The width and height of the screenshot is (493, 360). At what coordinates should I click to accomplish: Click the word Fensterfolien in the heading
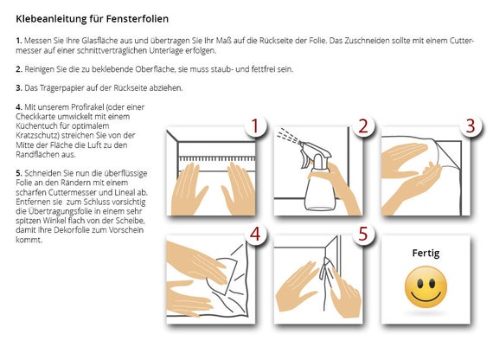(137, 18)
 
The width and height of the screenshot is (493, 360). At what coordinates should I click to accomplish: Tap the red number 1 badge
(255, 126)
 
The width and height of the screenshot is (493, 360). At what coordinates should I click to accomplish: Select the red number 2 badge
(363, 126)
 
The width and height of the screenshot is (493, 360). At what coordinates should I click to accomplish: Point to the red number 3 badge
(471, 126)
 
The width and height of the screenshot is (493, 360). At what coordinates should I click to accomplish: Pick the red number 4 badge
(255, 235)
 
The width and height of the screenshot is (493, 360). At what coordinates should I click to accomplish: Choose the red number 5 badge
(363, 235)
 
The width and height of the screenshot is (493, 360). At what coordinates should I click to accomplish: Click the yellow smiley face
(426, 287)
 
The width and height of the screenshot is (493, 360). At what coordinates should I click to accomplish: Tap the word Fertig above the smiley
(426, 253)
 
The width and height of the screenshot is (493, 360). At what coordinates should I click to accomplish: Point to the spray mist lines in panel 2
(288, 135)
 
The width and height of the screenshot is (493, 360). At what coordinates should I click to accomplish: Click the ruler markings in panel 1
(217, 158)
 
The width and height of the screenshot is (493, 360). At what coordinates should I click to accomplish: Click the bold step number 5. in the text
(19, 173)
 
